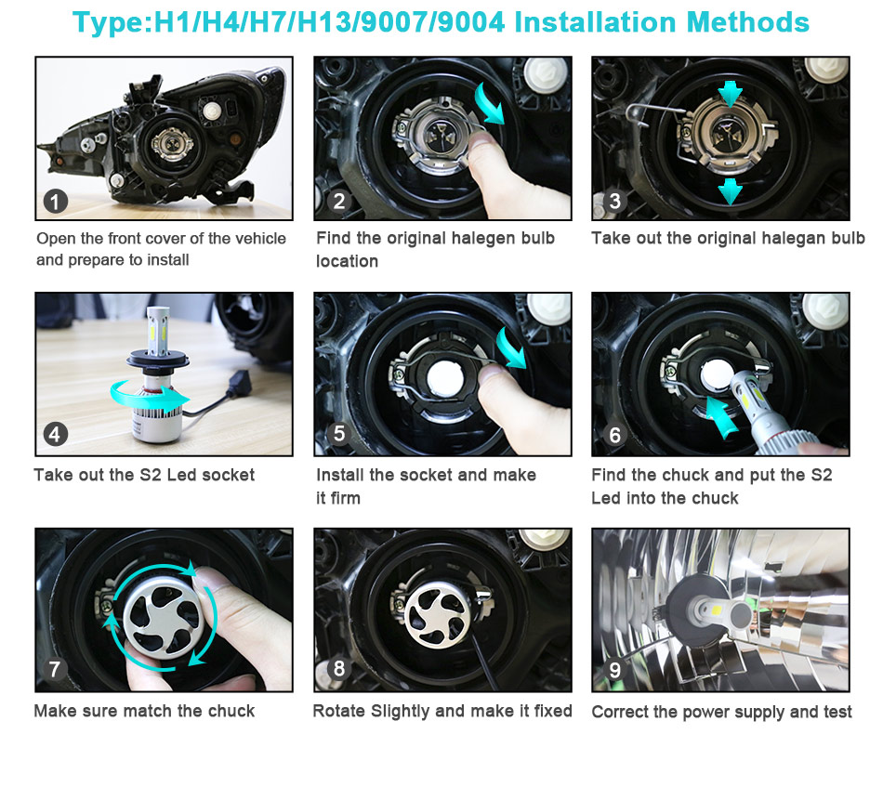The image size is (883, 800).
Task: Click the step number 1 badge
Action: (x=56, y=202)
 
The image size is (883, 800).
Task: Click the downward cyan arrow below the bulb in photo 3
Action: (x=731, y=190)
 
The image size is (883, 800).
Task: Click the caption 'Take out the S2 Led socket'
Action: (x=144, y=475)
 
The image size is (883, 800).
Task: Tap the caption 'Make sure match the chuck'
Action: (x=144, y=711)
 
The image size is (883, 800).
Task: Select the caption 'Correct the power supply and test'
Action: (x=721, y=712)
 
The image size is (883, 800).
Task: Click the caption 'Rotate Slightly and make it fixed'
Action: (x=442, y=711)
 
